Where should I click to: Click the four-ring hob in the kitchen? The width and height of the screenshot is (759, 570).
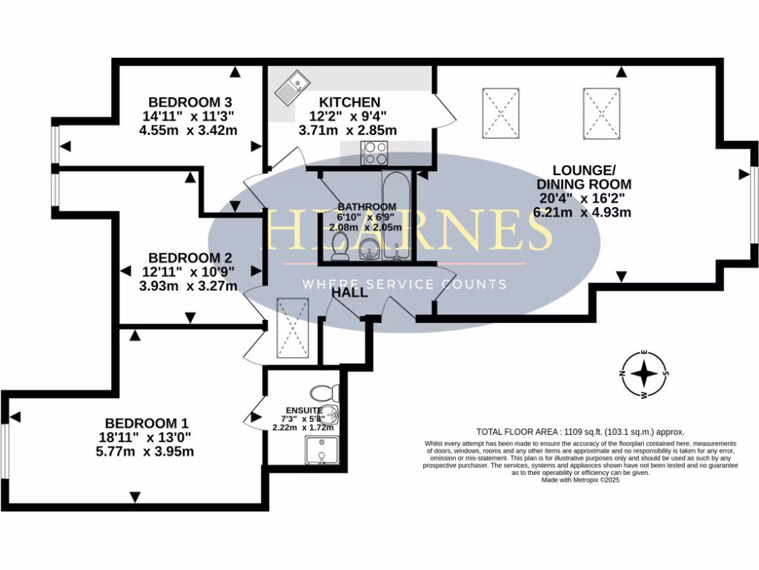[x=374, y=153]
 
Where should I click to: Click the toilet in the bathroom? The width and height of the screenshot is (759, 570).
[x=340, y=247]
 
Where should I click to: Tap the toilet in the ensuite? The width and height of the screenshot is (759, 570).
[x=323, y=392]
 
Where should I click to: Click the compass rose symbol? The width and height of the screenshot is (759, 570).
[x=646, y=373]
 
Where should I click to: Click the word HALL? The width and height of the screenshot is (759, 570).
[x=350, y=293]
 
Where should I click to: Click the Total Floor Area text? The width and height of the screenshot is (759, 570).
[x=580, y=431]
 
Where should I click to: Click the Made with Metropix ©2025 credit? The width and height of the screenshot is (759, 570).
[x=580, y=480]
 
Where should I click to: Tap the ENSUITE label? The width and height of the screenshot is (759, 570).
[x=304, y=410]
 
